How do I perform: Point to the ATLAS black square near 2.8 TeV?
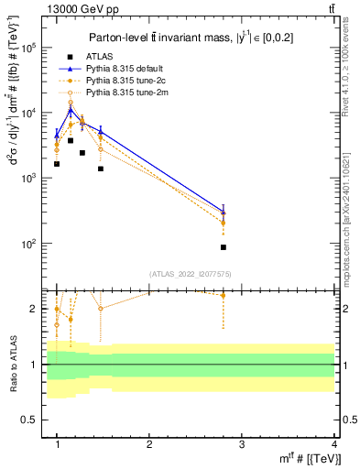click(x=224, y=247)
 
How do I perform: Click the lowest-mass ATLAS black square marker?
click(x=57, y=164)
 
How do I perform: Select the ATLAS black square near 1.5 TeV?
click(x=101, y=169)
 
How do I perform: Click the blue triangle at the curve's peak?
click(x=71, y=111)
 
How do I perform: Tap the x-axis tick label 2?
click(x=149, y=443)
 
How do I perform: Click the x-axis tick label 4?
click(x=334, y=443)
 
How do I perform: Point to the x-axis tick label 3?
click(x=242, y=443)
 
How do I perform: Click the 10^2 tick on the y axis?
click(x=30, y=244)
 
